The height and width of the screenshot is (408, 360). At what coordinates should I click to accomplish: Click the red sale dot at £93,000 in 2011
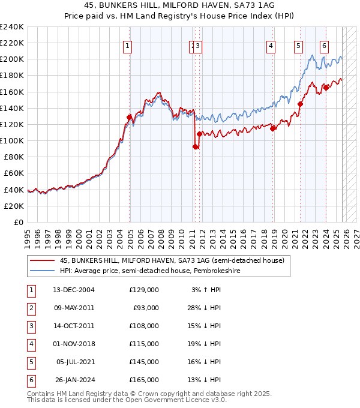(x=195, y=146)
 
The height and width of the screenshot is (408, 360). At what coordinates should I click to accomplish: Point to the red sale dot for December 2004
(x=130, y=117)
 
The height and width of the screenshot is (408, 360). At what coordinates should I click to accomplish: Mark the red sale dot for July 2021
(x=300, y=104)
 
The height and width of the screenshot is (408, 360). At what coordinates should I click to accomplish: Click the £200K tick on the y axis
(x=12, y=59)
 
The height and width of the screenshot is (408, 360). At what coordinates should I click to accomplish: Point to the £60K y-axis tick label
(x=14, y=173)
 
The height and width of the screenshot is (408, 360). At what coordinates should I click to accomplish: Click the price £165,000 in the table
(x=144, y=380)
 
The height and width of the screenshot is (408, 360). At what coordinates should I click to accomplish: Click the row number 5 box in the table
(x=31, y=362)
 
